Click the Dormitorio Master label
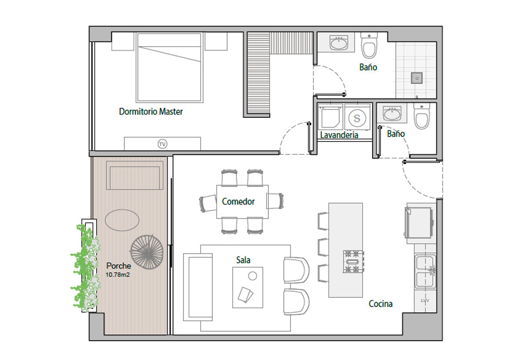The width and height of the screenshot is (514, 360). (x=151, y=112)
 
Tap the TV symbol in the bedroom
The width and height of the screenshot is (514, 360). (x=162, y=144)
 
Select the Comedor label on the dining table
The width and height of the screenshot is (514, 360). (x=238, y=201)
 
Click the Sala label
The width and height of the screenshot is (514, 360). (x=243, y=260)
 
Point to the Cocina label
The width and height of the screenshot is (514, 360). (x=380, y=304)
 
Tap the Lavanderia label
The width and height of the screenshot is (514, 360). (x=339, y=135)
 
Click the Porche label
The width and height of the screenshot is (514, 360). (x=119, y=266)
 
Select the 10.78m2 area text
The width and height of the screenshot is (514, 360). (x=118, y=275)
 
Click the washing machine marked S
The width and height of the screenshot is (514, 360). (x=357, y=118)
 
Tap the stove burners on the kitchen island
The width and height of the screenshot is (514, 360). (x=354, y=262)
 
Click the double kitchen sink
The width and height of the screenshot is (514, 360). (x=425, y=272)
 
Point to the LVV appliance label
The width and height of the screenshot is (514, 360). (x=425, y=300)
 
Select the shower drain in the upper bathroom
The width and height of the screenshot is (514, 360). (x=417, y=78)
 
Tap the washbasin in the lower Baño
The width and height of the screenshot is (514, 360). (x=392, y=114)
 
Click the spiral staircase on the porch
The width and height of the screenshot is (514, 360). (x=146, y=252)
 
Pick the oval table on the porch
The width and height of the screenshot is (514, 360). (x=122, y=220)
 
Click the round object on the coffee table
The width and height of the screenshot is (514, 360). (x=252, y=276)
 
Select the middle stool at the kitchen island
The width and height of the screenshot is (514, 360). (x=323, y=247)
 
